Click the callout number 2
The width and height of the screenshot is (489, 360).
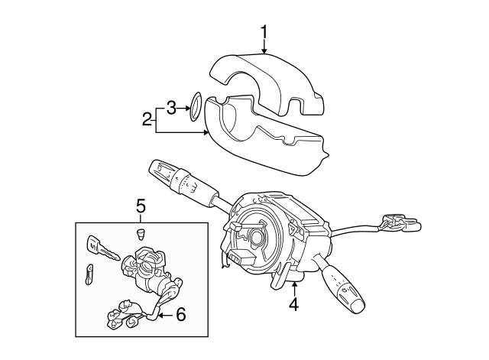click(146, 118)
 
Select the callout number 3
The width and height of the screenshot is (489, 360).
click(172, 107)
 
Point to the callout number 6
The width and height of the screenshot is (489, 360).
click(181, 313)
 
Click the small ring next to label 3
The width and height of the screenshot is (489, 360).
click(195, 106)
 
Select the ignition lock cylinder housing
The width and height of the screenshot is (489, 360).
click(147, 271)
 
